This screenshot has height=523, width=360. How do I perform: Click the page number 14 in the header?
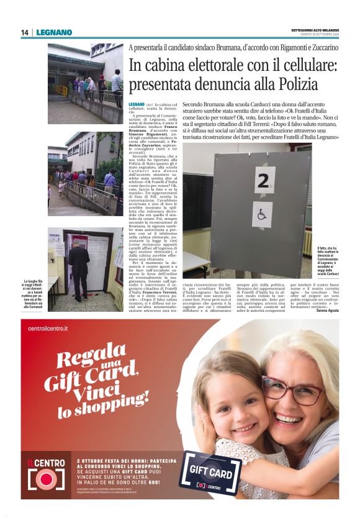click(x=25, y=32)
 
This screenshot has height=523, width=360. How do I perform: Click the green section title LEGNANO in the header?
click(x=54, y=32)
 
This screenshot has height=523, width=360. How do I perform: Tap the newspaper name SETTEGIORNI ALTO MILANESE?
click(x=315, y=30)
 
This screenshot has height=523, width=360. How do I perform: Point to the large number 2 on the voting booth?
click(x=264, y=180)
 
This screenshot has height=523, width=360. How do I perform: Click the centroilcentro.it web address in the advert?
click(x=48, y=327)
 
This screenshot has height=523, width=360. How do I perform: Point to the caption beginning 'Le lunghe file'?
click(x=35, y=293)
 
